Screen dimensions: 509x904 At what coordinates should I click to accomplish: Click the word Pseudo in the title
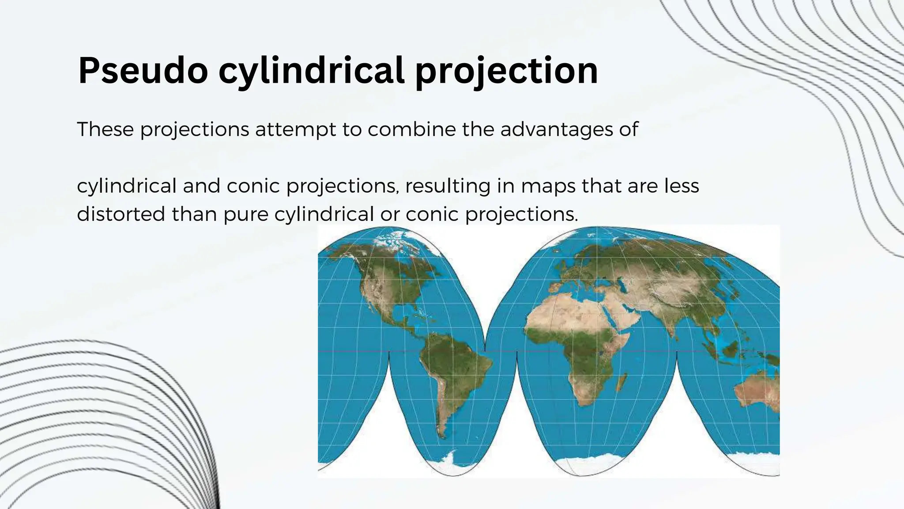143,71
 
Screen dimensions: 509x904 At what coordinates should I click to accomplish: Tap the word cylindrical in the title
311,71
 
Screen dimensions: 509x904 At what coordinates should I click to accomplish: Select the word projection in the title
506,71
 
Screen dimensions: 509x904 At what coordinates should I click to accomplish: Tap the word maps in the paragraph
548,186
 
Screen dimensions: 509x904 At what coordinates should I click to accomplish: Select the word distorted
121,214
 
